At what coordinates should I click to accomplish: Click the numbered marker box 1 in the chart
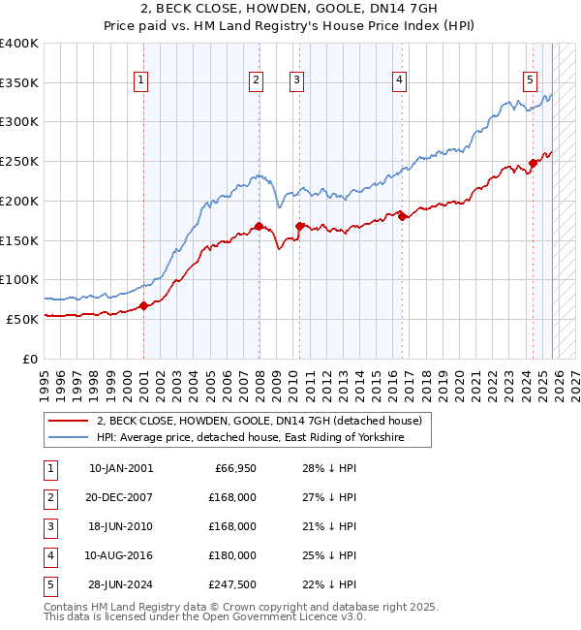tap(141, 80)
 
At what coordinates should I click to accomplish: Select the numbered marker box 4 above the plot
tap(399, 80)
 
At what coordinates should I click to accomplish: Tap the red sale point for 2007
tap(259, 227)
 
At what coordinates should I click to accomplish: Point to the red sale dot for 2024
tap(533, 164)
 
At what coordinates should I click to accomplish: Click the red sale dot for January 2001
tap(143, 305)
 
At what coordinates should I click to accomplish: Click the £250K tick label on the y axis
tap(19, 161)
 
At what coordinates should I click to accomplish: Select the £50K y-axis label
tap(22, 319)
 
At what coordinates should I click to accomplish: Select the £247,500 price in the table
tap(232, 583)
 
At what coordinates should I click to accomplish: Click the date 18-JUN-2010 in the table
tap(120, 526)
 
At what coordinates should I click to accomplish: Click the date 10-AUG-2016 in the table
tap(120, 555)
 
